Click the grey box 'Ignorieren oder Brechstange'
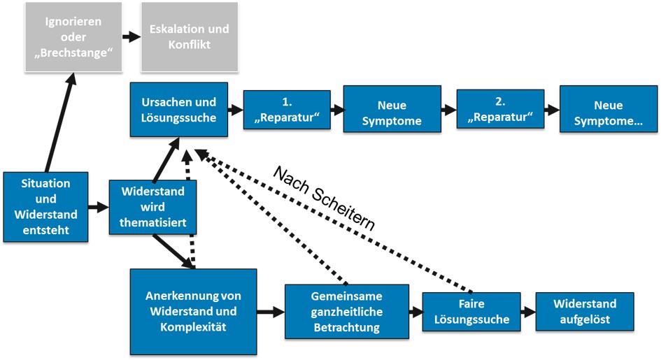pyautogui.click(x=69, y=36)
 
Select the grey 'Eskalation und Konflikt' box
pyautogui.click(x=189, y=36)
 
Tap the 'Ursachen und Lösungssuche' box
pyautogui.click(x=178, y=110)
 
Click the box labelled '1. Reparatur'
pyautogui.click(x=287, y=110)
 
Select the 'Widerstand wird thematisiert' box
pyautogui.click(x=152, y=208)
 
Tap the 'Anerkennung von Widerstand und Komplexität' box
pyautogui.click(x=194, y=311)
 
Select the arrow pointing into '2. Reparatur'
pyautogui.click(x=448, y=110)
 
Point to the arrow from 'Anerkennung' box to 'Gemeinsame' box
pyautogui.click(x=270, y=312)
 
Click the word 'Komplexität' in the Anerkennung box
pyautogui.click(x=194, y=326)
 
